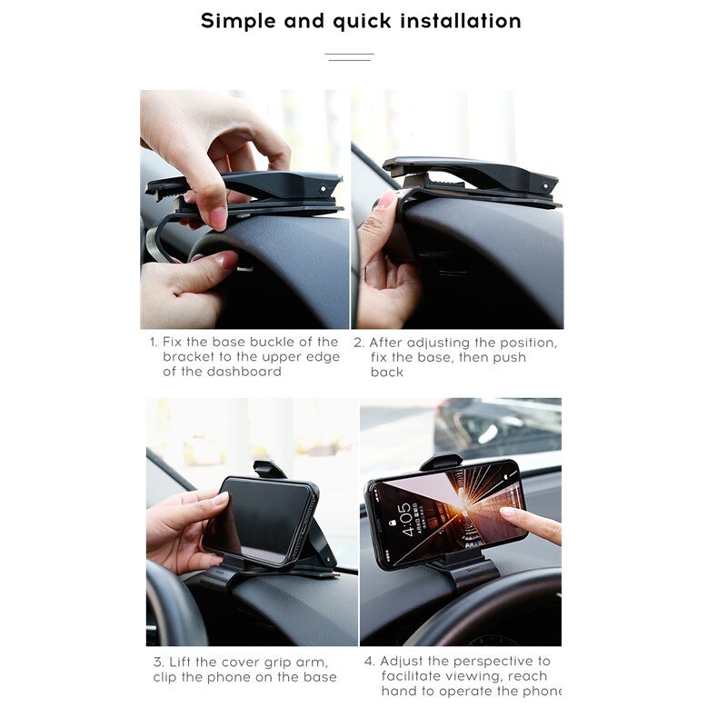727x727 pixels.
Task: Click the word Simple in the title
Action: tap(237, 22)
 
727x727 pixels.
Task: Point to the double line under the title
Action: tap(349, 57)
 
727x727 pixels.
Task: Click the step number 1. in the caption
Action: tap(154, 343)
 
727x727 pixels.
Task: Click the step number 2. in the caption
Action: tap(358, 343)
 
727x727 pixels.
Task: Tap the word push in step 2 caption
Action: tap(507, 357)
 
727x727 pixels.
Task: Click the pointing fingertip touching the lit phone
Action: tap(507, 515)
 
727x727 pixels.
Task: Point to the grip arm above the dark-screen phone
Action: tap(269, 468)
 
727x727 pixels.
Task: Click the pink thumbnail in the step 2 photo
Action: tap(384, 201)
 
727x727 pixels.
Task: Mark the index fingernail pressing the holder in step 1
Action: tap(217, 218)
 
